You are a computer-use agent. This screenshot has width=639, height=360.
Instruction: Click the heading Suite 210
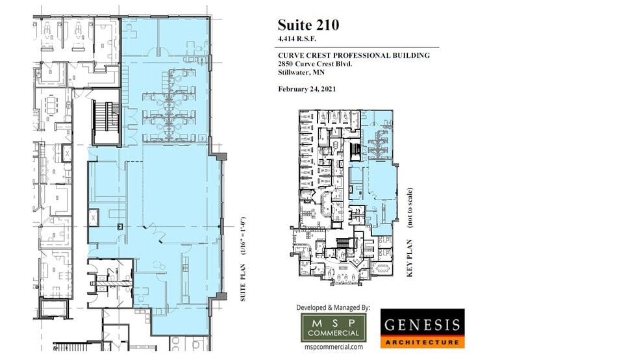pyautogui.click(x=308, y=25)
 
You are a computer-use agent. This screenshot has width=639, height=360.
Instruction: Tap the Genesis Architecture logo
pyautogui.click(x=422, y=328)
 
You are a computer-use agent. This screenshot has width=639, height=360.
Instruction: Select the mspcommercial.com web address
pyautogui.click(x=333, y=348)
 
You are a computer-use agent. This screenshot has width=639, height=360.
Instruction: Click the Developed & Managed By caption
pyautogui.click(x=332, y=307)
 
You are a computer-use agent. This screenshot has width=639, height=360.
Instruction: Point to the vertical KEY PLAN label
pyautogui.click(x=410, y=256)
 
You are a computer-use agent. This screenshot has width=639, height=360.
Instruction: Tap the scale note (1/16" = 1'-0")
pyautogui.click(x=244, y=237)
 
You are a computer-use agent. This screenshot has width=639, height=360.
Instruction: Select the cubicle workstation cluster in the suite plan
pyautogui.click(x=172, y=107)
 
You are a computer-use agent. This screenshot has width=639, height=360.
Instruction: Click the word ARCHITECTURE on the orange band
pyautogui.click(x=422, y=341)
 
